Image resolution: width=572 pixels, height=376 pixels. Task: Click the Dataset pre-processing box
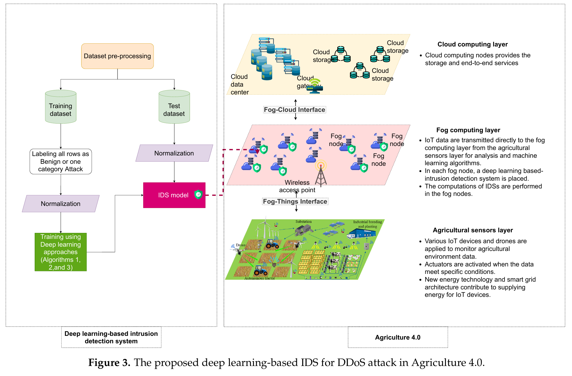tap(117, 56)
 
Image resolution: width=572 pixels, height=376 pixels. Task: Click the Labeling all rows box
tap(60, 161)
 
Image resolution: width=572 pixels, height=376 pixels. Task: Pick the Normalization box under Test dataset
tap(174, 153)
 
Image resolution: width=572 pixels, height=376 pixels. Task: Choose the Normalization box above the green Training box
tap(60, 204)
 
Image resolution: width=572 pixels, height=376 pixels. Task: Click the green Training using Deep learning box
tap(60, 252)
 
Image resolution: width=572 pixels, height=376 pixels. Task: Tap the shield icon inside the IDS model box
tap(198, 194)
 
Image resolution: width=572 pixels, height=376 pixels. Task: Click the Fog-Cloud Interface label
tap(294, 110)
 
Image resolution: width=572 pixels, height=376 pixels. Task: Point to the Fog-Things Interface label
tap(295, 201)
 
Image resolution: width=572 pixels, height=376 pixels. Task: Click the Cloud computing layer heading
tap(472, 44)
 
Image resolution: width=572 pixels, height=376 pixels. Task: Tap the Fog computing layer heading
tap(468, 130)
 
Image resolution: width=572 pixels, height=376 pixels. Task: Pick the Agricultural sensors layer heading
tap(473, 230)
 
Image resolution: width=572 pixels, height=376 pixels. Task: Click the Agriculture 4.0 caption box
tap(397, 337)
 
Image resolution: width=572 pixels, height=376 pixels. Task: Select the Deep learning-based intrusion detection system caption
tap(111, 337)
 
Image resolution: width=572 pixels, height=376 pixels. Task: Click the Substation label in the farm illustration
tap(303, 222)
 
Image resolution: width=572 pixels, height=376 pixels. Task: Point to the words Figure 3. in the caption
tap(109, 363)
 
